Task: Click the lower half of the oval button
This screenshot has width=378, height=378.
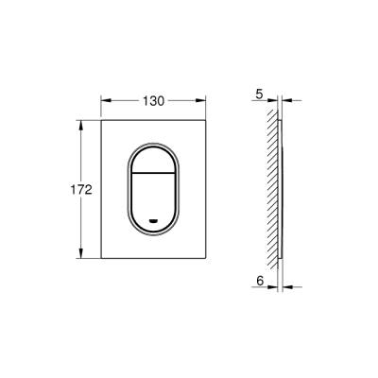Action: click(x=155, y=203)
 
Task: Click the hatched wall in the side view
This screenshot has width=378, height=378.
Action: click(x=273, y=189)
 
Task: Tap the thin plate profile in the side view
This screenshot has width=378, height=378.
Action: click(x=282, y=189)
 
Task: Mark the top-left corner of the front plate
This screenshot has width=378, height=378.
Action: click(x=100, y=120)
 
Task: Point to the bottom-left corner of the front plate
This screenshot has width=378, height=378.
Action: click(x=100, y=260)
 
